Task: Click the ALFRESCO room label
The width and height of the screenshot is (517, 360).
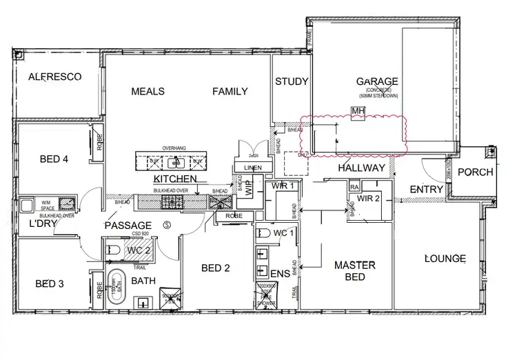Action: click(x=54, y=77)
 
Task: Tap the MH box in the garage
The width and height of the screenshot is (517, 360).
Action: click(x=357, y=112)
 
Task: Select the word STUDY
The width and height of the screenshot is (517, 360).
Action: click(x=291, y=81)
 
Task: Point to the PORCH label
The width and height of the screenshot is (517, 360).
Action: click(x=476, y=172)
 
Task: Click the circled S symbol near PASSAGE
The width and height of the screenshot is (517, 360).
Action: click(x=167, y=225)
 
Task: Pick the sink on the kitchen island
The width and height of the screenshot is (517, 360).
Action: click(x=176, y=163)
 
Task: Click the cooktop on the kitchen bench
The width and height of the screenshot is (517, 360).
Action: click(x=170, y=201)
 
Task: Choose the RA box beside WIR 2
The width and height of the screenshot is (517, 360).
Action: click(x=354, y=187)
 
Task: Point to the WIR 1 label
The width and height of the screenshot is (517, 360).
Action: click(x=283, y=186)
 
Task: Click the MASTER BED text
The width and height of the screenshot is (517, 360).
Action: click(x=354, y=270)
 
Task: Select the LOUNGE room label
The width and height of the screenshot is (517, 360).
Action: click(x=445, y=259)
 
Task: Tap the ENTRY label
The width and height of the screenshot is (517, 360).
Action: click(x=425, y=190)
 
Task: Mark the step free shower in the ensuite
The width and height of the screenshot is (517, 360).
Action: click(x=266, y=294)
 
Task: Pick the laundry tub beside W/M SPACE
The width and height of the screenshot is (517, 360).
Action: click(x=67, y=203)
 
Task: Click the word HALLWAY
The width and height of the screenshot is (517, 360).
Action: click(x=361, y=168)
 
